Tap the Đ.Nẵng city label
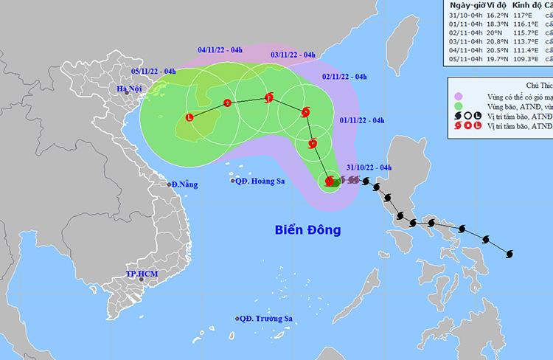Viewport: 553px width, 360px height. pyautogui.click(x=184, y=184)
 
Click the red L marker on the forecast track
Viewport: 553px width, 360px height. pyautogui.click(x=190, y=136)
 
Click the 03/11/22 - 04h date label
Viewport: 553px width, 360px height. pyautogui.click(x=293, y=55)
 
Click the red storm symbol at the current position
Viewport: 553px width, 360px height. pyautogui.click(x=328, y=181)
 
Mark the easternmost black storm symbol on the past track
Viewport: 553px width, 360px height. pyautogui.click(x=509, y=255)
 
